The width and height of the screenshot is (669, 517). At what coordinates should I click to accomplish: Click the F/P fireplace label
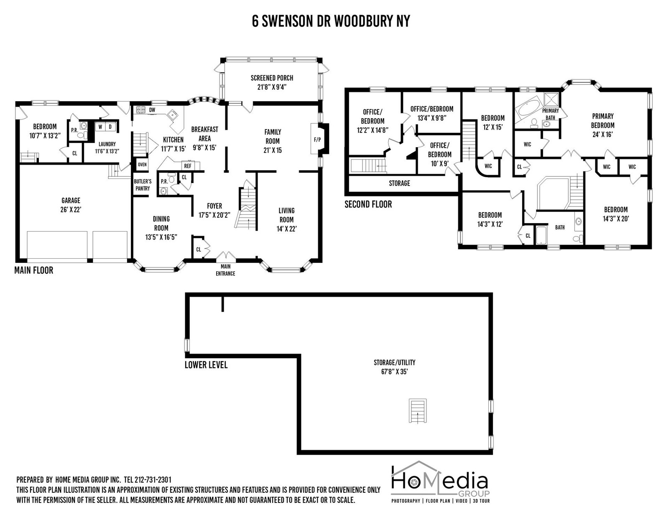317,140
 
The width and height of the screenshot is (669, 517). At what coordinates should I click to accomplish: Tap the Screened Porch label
272,78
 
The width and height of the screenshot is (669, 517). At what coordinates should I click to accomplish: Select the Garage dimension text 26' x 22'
71,210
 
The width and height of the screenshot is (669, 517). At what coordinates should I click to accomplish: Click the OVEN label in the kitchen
142,165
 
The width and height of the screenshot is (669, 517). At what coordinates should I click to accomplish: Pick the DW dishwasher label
152,110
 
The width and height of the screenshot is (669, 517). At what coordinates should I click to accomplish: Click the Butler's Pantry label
143,185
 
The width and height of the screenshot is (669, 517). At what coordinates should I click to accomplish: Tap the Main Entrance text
225,270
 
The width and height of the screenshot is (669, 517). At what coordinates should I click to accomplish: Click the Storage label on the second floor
399,183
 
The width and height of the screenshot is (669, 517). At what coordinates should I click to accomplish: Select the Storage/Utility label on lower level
394,362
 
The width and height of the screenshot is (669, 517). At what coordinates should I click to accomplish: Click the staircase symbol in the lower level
418,411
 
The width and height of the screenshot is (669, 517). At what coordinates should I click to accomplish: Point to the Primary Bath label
551,114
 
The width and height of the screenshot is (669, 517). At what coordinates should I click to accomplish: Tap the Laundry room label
107,144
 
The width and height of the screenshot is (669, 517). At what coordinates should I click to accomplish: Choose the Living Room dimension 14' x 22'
287,229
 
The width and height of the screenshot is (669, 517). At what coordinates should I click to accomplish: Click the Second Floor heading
368,204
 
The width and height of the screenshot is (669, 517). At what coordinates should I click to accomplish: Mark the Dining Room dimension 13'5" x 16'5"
161,237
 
